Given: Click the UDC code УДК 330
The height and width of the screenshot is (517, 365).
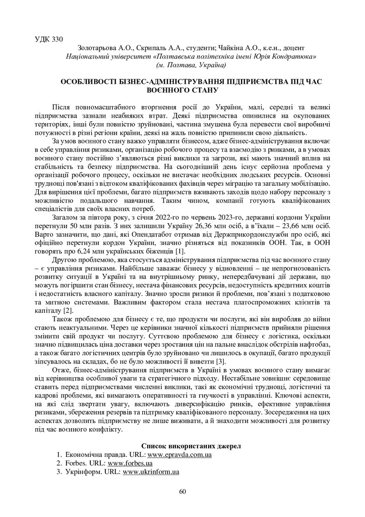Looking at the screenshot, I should point(49,39).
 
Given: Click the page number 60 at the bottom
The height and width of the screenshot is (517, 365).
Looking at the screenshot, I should point(182,492).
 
